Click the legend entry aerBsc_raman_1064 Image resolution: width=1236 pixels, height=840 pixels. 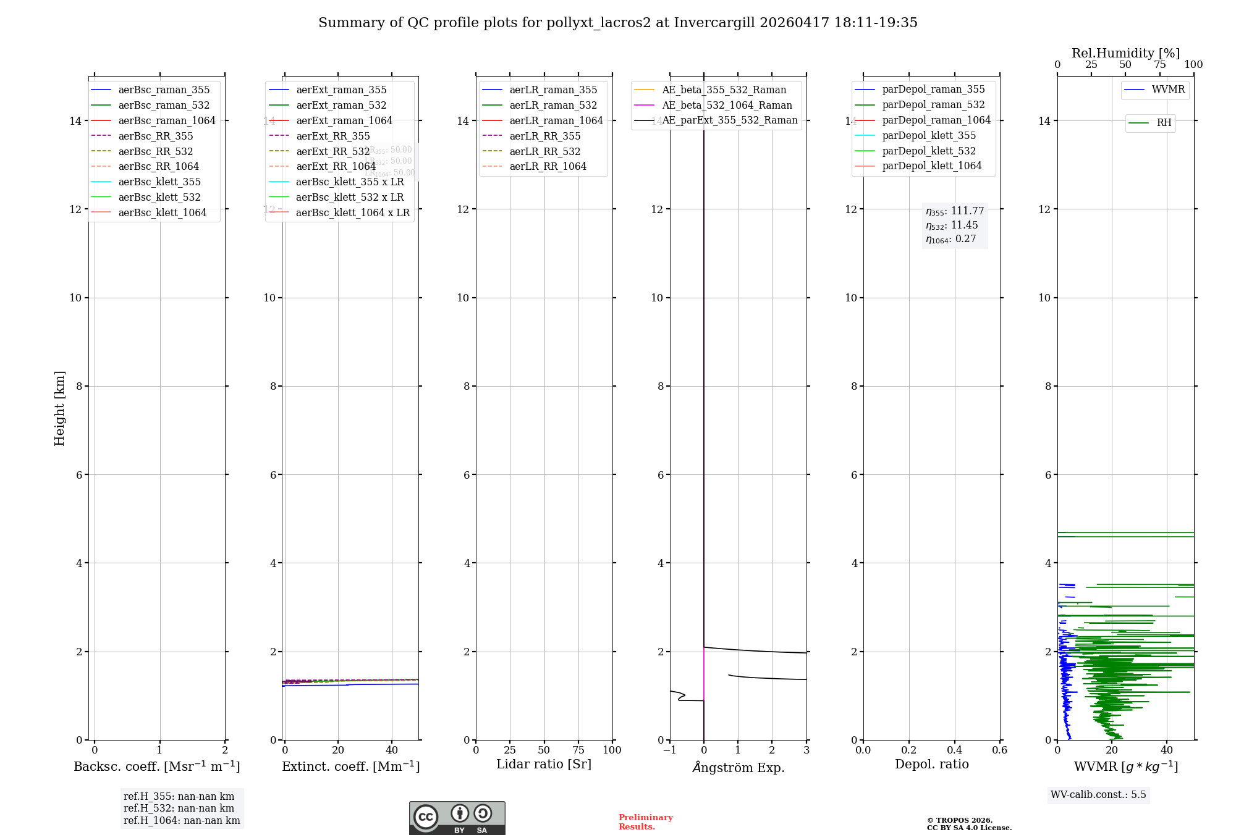167,120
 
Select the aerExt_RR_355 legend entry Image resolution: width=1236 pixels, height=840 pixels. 332,136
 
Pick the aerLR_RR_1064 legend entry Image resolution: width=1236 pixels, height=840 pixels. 548,166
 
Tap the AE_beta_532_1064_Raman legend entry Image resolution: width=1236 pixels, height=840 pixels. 727,105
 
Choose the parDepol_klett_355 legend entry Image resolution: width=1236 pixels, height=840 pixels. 929,135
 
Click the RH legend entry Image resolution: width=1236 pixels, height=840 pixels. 1164,123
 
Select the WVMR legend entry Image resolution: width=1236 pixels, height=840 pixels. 1168,90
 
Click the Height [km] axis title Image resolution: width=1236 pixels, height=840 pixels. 59,408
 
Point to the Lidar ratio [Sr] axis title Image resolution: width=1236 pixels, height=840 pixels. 544,764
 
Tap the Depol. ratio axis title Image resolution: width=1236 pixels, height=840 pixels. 931,764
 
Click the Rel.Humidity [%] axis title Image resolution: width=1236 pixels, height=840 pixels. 1125,53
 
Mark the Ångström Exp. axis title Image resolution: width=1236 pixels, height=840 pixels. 739,767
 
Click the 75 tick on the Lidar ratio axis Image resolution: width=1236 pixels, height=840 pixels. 578,750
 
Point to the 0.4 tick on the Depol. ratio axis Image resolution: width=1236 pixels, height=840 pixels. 954,750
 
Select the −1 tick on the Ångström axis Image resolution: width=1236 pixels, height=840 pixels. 669,750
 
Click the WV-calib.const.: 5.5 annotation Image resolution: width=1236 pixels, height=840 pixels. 1098,794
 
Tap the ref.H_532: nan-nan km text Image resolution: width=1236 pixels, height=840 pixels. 179,808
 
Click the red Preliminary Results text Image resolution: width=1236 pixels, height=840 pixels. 645,821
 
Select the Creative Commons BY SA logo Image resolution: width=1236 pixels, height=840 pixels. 457,818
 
